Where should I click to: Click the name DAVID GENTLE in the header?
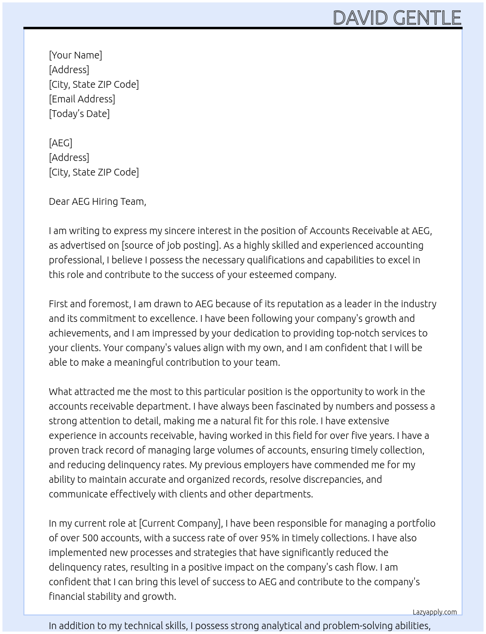(x=397, y=18)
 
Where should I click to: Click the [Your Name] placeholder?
(x=76, y=55)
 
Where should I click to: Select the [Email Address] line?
(x=82, y=99)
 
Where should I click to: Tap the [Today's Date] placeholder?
(x=79, y=114)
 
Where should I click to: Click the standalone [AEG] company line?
(x=61, y=143)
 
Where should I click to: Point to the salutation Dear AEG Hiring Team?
(x=97, y=201)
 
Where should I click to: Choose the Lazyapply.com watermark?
(x=435, y=612)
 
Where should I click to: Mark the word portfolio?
(x=416, y=523)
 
